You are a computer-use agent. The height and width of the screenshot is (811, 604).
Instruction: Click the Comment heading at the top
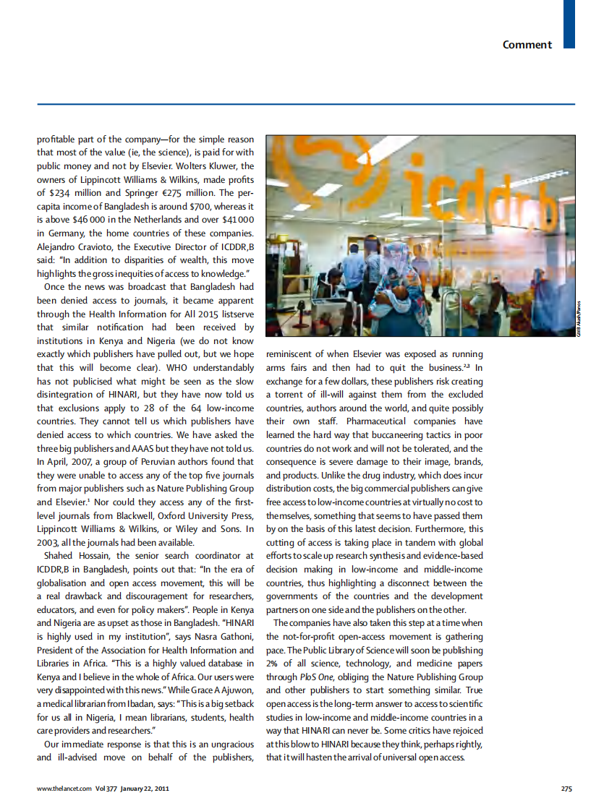tap(527, 45)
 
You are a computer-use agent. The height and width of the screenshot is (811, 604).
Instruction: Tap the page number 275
tap(566, 789)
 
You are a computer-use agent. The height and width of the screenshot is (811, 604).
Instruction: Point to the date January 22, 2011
tap(145, 789)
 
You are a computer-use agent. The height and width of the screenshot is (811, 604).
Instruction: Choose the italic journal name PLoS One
tap(313, 677)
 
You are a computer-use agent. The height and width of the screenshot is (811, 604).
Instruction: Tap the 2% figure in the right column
tap(273, 664)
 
